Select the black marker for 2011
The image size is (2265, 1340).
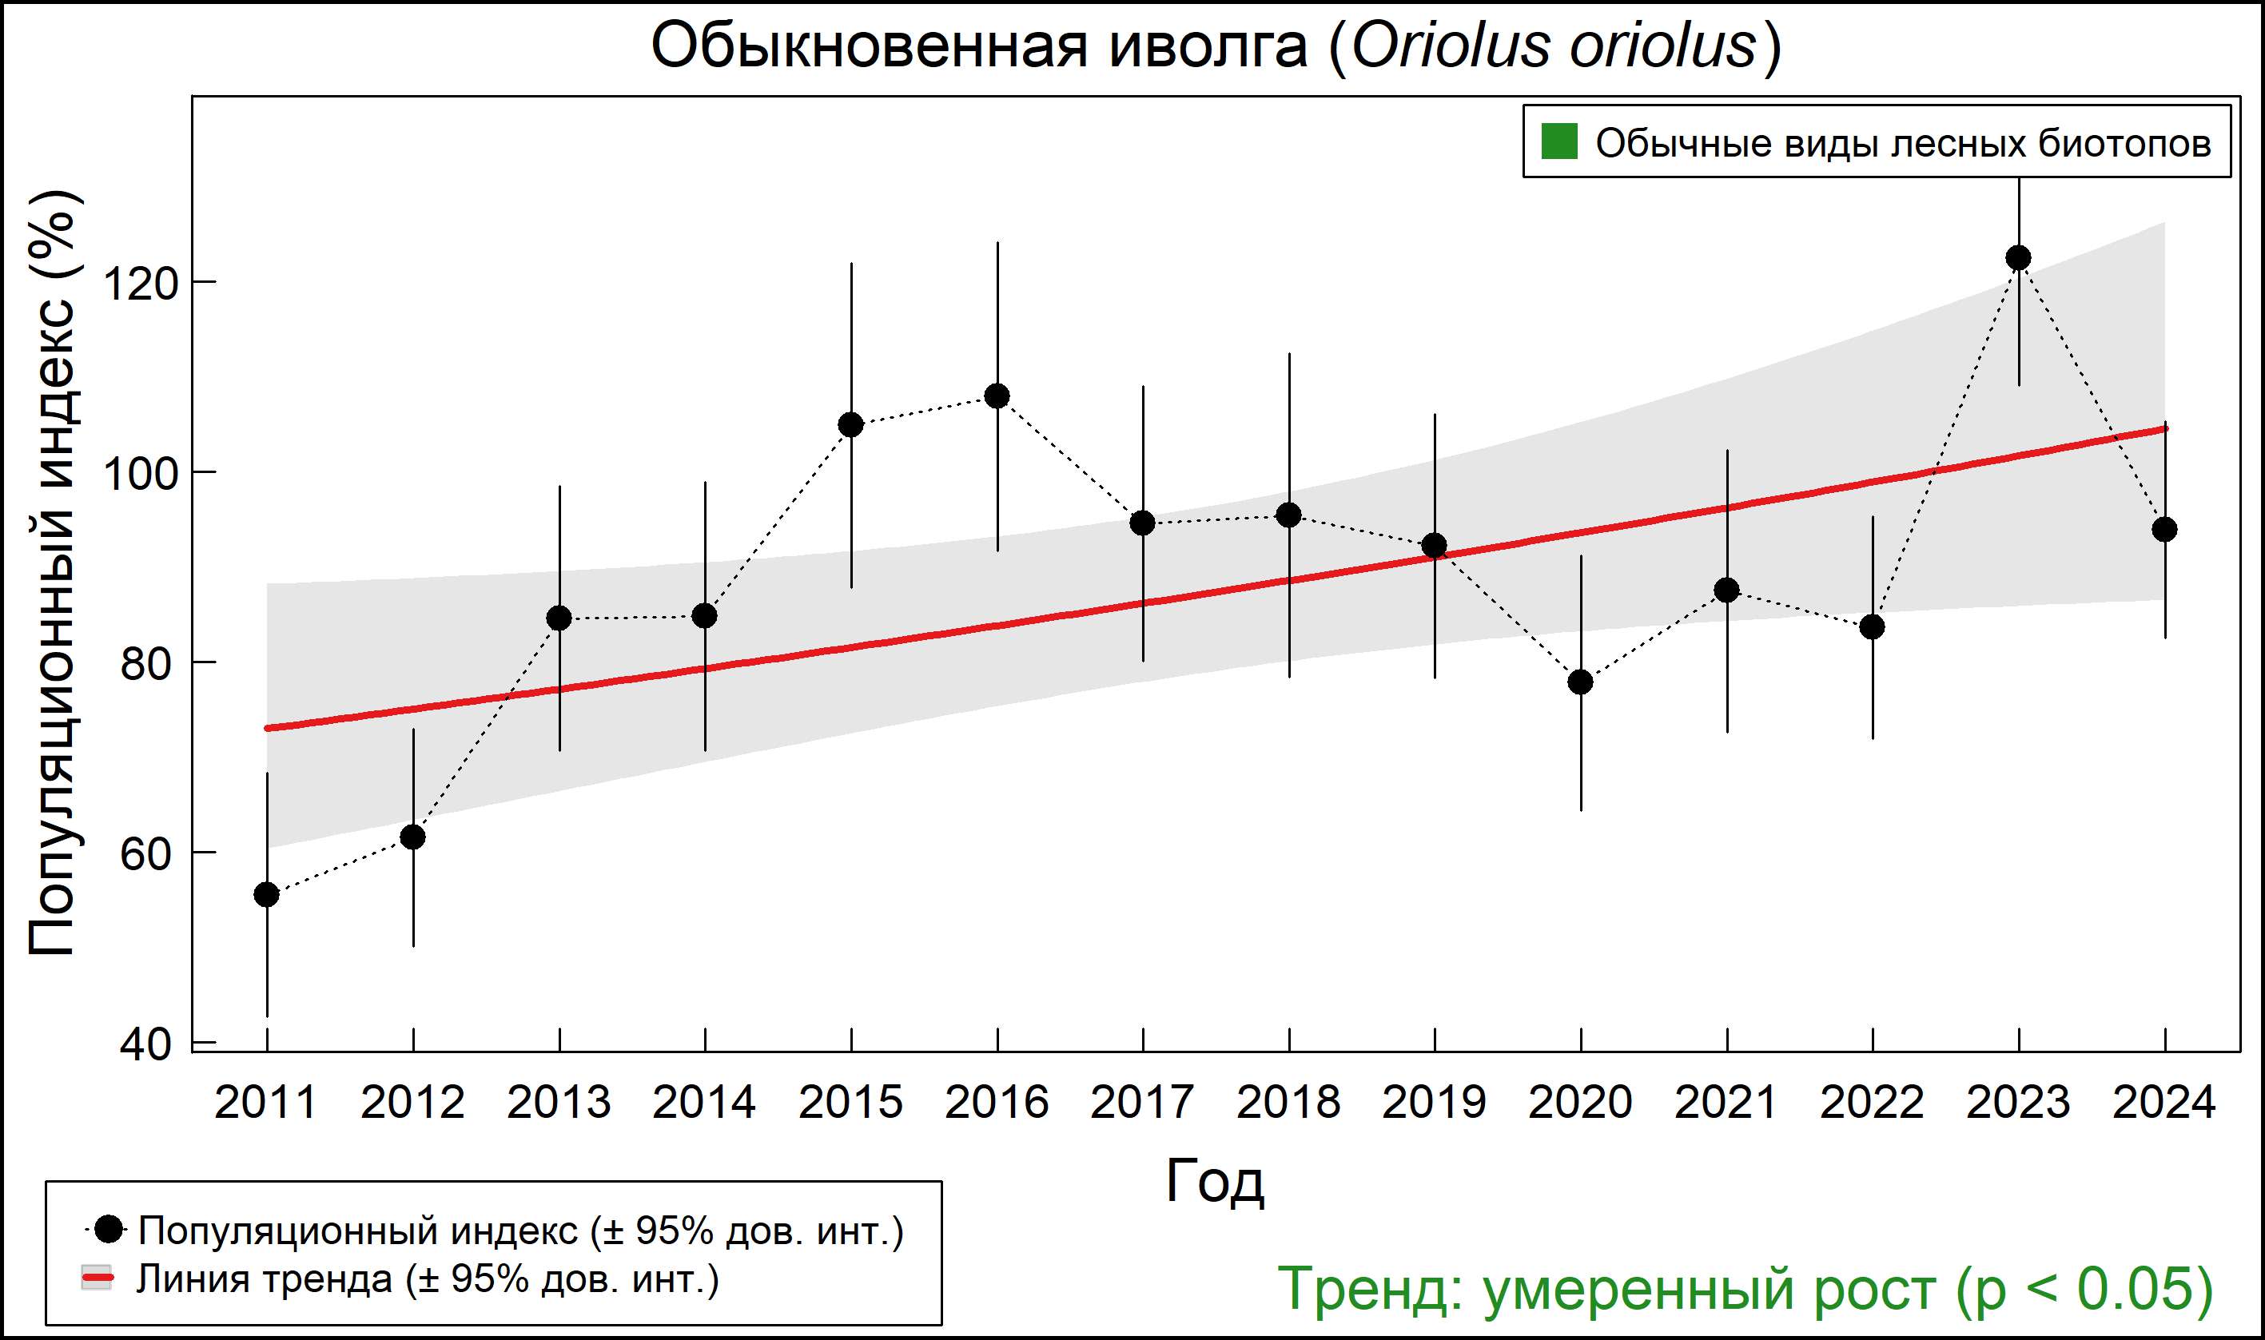click(x=266, y=895)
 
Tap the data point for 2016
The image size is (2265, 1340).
click(x=997, y=396)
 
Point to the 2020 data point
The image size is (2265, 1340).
click(x=1580, y=682)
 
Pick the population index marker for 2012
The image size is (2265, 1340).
click(x=412, y=837)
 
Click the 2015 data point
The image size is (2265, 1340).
click(x=850, y=424)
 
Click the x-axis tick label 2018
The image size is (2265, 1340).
click(x=1288, y=1103)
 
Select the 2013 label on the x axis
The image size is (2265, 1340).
click(x=558, y=1103)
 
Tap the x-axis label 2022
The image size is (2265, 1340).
click(x=1871, y=1103)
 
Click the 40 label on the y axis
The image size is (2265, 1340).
click(x=145, y=1044)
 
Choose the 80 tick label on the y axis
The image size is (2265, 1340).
click(x=145, y=665)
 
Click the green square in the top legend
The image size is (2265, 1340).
click(x=1558, y=141)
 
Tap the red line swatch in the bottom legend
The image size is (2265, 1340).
click(x=97, y=1278)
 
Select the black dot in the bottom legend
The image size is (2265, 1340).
click(x=109, y=1230)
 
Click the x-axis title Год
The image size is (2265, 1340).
click(x=1215, y=1181)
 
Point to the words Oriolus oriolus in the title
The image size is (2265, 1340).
click(x=1554, y=47)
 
